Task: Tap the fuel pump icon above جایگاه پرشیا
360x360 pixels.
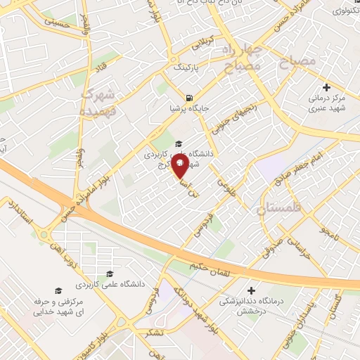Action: tap(188, 98)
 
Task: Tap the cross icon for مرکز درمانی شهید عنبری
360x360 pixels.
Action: tap(326, 86)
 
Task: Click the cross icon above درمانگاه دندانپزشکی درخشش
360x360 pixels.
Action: tap(251, 290)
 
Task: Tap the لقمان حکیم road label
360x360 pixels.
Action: tap(200, 266)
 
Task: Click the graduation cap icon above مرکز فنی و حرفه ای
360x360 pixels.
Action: tap(59, 290)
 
